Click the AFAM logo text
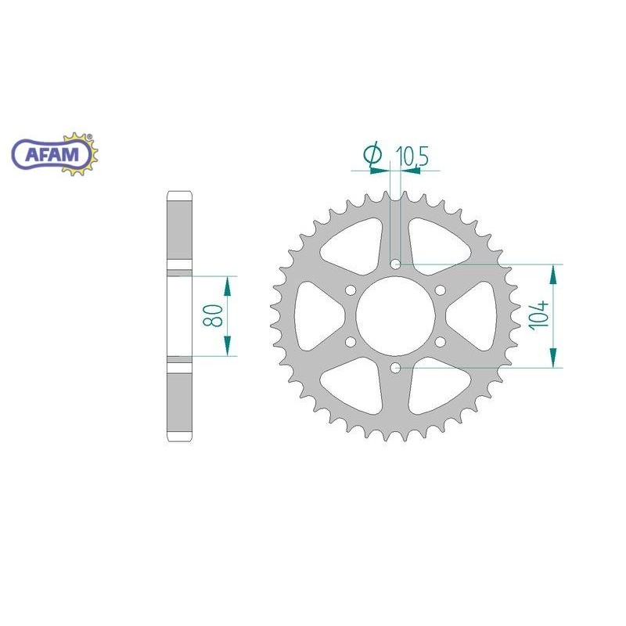pos(52,154)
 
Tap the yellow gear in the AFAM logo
pos(80,153)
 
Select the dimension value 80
pos(212,316)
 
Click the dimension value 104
pos(538,315)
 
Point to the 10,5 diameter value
pos(412,156)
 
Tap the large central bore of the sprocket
pos(395,316)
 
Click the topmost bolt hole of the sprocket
pos(395,264)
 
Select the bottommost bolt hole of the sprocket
pos(395,368)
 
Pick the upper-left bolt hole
pos(351,290)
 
